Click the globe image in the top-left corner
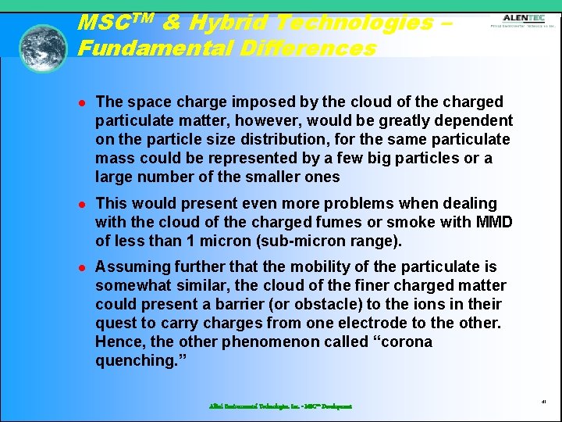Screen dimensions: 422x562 [43, 48]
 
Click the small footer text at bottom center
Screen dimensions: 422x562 [280, 406]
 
